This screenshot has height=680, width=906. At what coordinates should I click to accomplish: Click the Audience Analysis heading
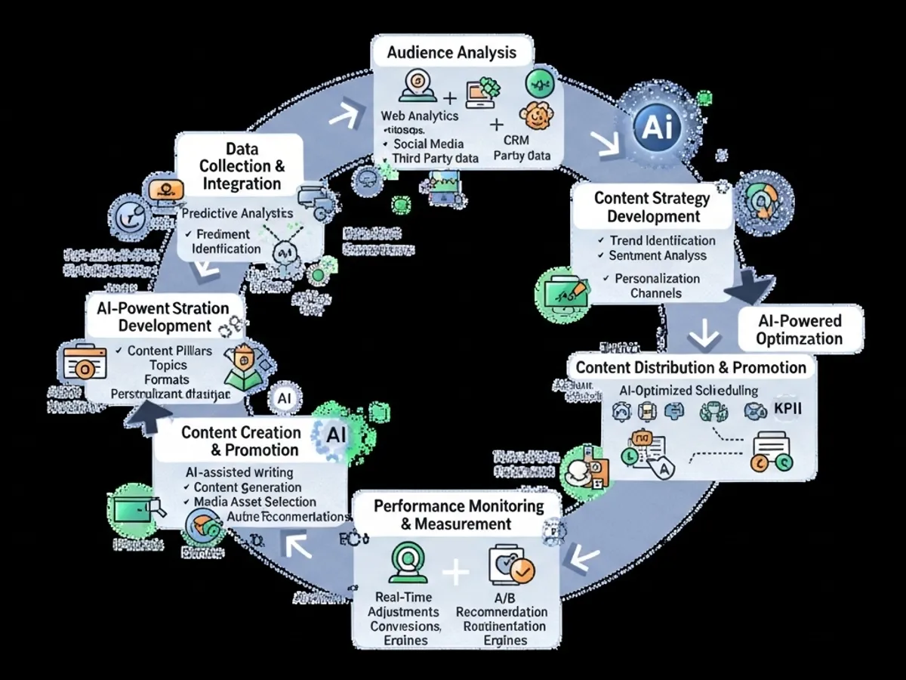[x=452, y=52]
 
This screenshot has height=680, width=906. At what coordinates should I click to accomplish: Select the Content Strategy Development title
[x=652, y=207]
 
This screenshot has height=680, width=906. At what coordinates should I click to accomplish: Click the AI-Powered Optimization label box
[x=800, y=329]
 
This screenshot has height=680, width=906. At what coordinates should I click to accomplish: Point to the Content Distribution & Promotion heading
[x=691, y=368]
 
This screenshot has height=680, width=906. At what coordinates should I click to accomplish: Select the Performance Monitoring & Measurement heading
[x=458, y=515]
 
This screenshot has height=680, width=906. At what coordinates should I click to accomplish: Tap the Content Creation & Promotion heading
[x=240, y=441]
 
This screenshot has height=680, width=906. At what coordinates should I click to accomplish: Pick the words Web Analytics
[x=420, y=116]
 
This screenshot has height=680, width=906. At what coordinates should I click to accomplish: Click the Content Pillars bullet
[x=169, y=351]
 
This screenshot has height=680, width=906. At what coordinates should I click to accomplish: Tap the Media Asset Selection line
[x=254, y=502]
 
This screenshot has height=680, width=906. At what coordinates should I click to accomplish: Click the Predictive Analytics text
[x=237, y=214]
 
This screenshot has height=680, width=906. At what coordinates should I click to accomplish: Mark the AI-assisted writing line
[x=240, y=472]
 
